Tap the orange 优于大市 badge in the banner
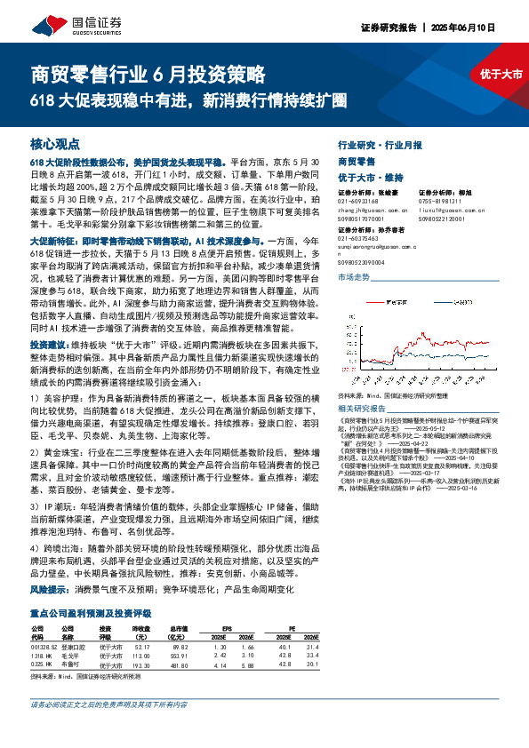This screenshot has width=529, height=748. (501, 74)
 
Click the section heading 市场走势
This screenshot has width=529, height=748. (353, 278)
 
